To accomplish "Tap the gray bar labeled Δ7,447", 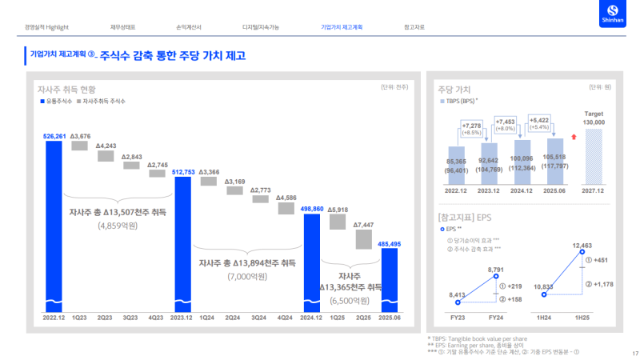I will coord(365,239).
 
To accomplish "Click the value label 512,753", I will coord(183,171).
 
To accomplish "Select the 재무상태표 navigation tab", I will coord(122,27).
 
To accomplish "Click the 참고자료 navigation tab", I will coord(414,27).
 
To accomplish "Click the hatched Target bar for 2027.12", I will coord(594,158).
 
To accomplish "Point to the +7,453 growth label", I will coord(506,122).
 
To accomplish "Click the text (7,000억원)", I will coord(246,276).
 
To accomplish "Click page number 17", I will coord(634,354).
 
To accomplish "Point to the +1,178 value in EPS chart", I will coord(601,284).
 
